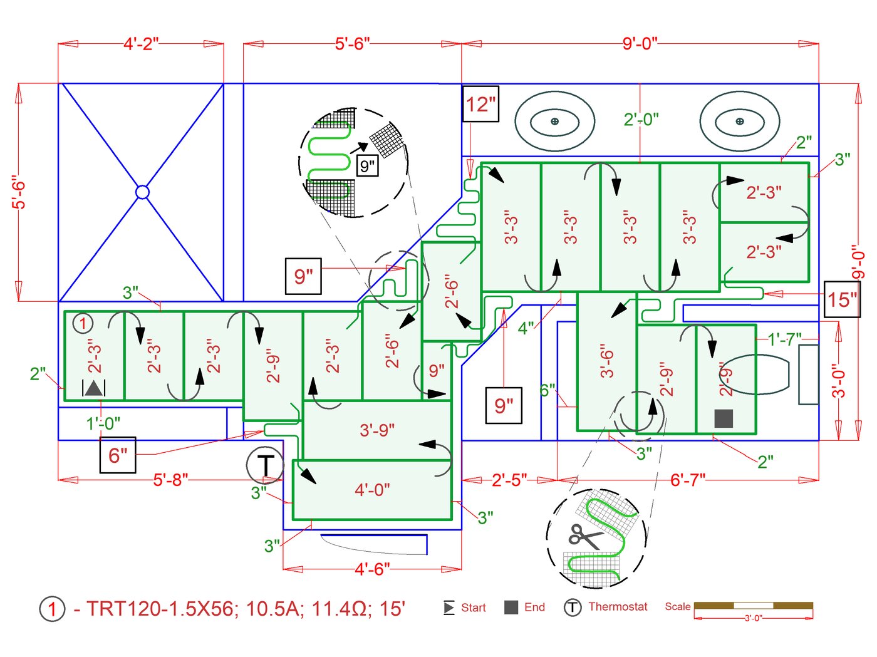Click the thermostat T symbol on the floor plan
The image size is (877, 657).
(x=265, y=465)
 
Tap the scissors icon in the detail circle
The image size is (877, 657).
(x=584, y=536)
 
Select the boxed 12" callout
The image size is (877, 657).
(x=481, y=104)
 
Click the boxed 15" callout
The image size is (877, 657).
(x=841, y=299)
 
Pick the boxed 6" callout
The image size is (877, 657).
(x=118, y=455)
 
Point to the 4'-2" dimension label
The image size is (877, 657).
(x=141, y=44)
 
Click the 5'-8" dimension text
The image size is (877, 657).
(x=170, y=480)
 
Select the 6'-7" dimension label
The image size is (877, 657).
(x=688, y=480)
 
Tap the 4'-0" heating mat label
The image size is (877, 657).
(x=372, y=490)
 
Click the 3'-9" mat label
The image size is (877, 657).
(x=377, y=430)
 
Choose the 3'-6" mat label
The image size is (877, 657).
(x=606, y=361)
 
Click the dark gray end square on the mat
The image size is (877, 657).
(x=724, y=418)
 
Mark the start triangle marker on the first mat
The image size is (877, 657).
(x=94, y=388)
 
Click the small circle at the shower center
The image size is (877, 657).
(x=142, y=192)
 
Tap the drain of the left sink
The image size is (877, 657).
(x=554, y=122)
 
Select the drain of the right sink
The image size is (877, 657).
(x=740, y=122)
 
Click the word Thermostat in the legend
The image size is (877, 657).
(x=618, y=607)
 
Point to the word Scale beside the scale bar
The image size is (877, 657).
(x=677, y=606)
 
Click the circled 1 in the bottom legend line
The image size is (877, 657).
(x=52, y=609)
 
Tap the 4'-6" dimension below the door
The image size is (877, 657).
(x=372, y=569)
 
